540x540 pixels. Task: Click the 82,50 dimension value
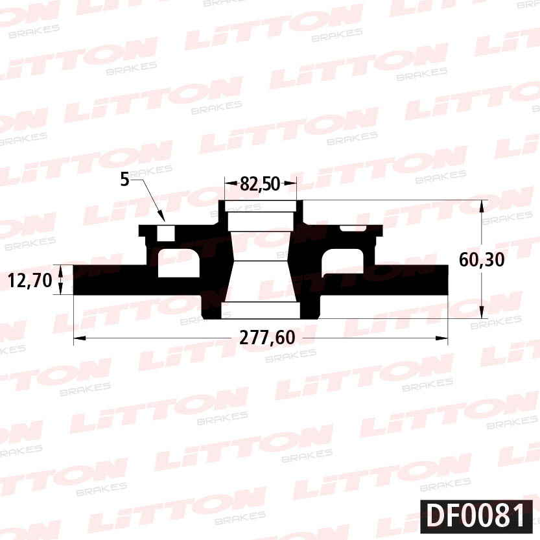click(260, 183)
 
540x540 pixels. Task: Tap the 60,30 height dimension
click(482, 259)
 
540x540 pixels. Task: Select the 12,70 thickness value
click(30, 280)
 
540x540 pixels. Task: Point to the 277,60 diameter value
click(267, 338)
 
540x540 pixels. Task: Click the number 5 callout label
click(124, 179)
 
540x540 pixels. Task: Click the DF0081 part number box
click(476, 516)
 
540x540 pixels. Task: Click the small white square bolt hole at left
click(166, 233)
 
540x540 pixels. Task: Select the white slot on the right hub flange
click(353, 228)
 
